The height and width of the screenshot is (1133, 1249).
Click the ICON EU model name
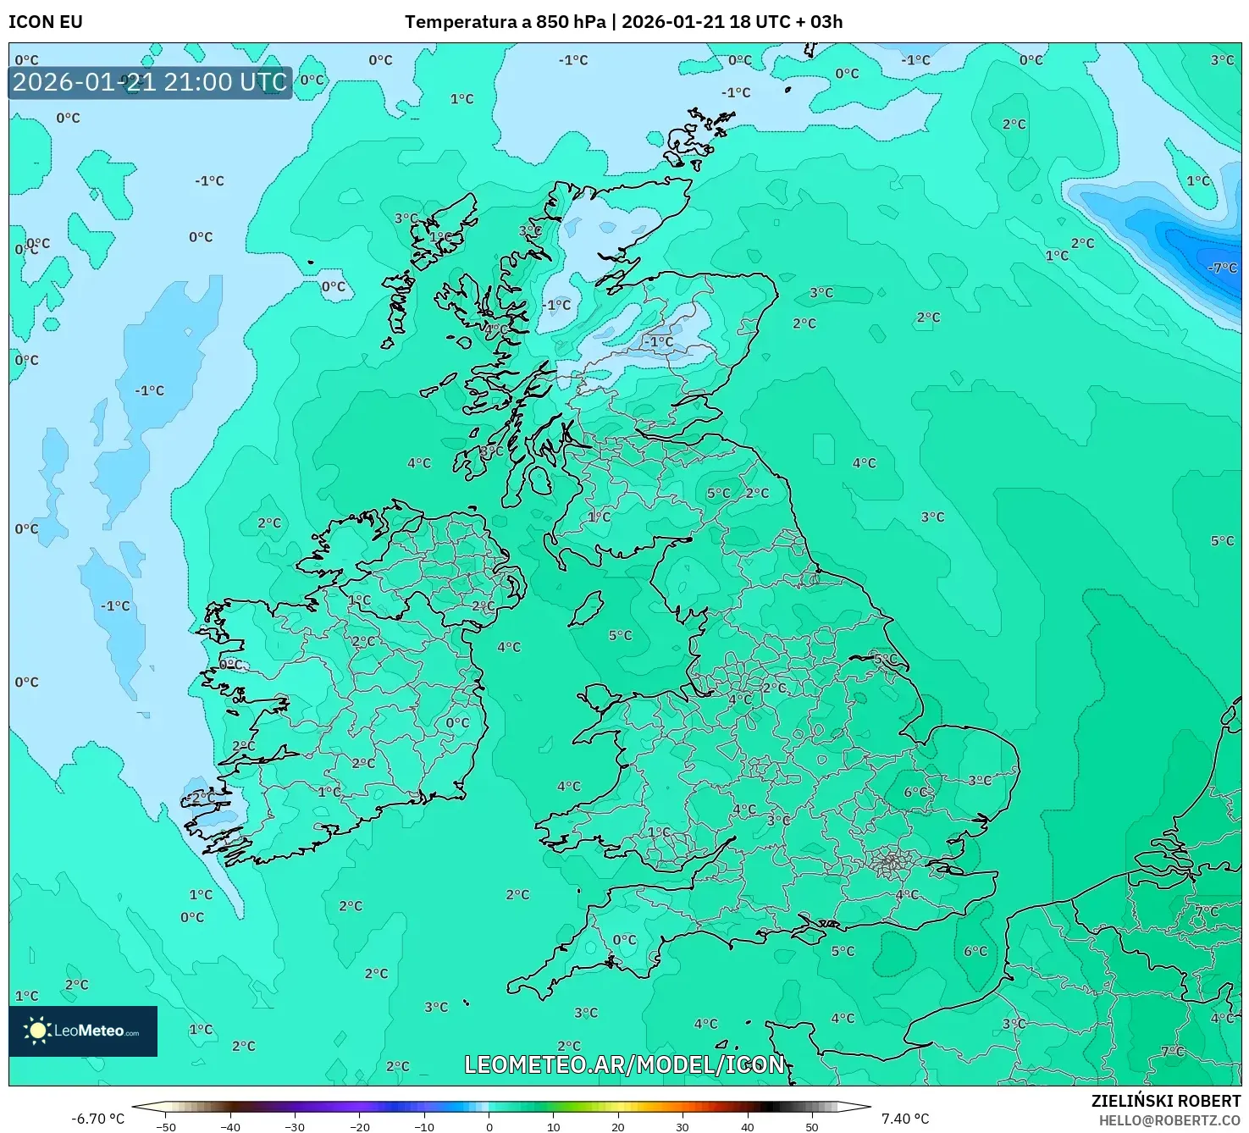[46, 22]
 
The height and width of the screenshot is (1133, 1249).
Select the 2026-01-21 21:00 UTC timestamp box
[150, 83]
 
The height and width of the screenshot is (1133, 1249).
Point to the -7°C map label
[1222, 268]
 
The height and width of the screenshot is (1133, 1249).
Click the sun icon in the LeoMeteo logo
[37, 1031]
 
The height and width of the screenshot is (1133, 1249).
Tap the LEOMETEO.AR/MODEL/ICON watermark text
[625, 1064]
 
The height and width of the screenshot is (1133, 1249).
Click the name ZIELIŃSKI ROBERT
[1165, 1102]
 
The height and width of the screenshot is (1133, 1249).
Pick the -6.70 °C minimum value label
[97, 1119]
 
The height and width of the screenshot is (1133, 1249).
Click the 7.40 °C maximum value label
[904, 1119]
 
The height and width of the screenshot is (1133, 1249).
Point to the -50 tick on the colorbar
[166, 1126]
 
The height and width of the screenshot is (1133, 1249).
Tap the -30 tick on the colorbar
[295, 1126]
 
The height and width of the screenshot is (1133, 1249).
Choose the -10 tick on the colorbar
[424, 1126]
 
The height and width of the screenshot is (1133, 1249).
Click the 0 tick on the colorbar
[489, 1126]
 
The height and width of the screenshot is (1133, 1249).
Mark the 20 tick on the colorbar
[618, 1126]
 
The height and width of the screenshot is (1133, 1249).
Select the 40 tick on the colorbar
[748, 1126]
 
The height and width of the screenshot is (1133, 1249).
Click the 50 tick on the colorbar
[812, 1126]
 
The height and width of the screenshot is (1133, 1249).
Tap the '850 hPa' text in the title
[571, 22]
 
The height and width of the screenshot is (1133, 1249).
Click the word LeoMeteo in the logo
[89, 1031]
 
